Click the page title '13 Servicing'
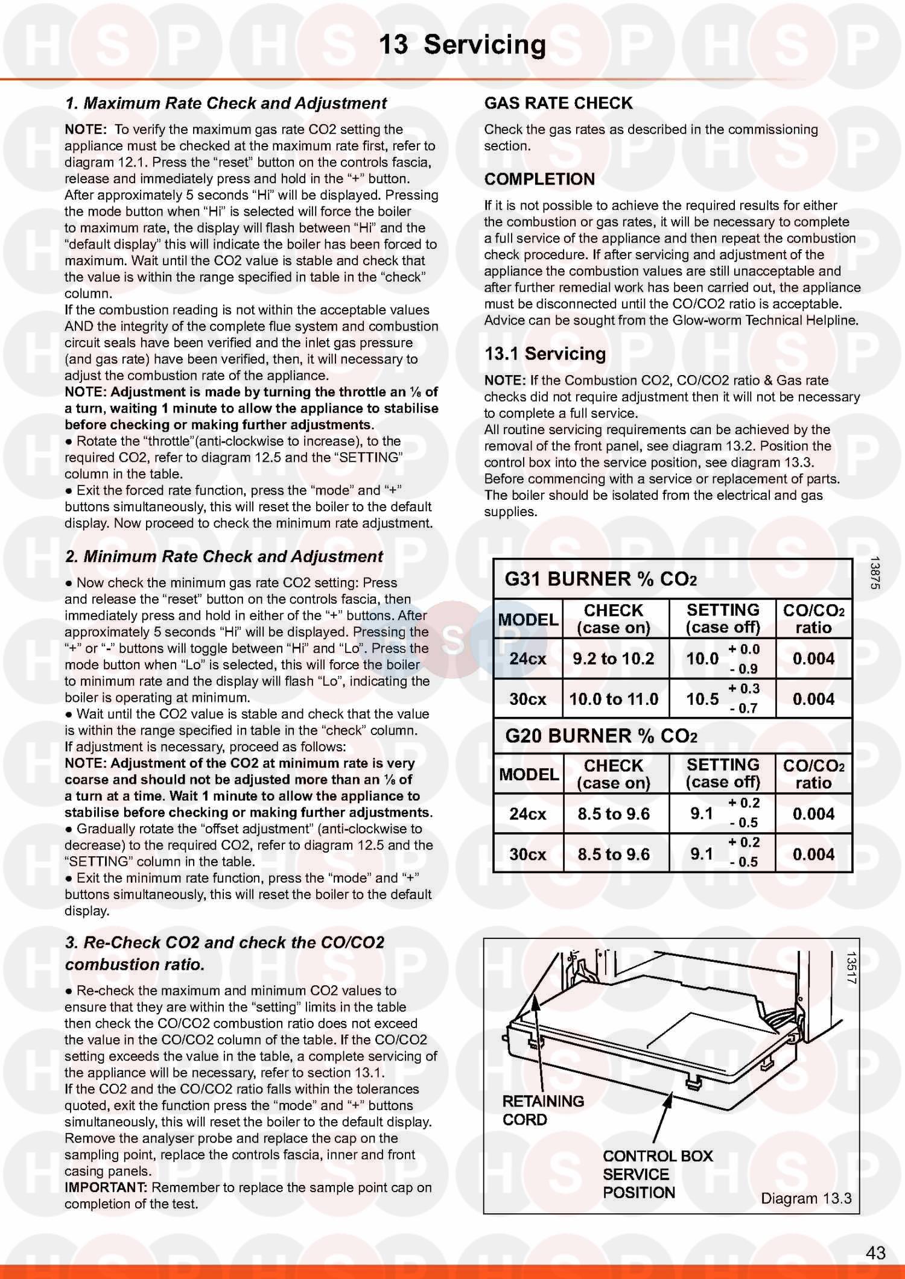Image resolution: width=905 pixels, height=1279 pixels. [x=462, y=45]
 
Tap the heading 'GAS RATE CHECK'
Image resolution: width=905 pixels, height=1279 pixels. [x=558, y=103]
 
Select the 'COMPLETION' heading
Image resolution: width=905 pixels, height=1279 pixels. [x=539, y=179]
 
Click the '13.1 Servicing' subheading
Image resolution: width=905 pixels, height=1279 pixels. [x=545, y=354]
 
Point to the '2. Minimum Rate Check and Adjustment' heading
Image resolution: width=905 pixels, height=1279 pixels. [x=224, y=557]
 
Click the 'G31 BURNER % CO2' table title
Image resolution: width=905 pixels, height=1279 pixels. [x=600, y=579]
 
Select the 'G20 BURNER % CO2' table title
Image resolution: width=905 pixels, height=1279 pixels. [x=601, y=736]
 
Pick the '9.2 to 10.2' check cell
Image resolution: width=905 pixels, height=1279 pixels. [x=614, y=658]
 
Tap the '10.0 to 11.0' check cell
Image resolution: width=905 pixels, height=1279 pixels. [x=614, y=699]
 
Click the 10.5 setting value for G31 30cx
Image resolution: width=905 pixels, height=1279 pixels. [x=702, y=699]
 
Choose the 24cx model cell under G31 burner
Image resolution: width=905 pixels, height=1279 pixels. [x=527, y=658]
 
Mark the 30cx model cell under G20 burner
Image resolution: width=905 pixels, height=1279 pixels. [x=527, y=854]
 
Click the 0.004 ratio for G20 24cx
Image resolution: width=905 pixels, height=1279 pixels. [x=813, y=814]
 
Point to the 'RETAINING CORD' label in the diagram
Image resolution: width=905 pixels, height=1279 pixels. [x=543, y=1110]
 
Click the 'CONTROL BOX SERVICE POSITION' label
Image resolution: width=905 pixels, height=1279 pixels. [x=657, y=1174]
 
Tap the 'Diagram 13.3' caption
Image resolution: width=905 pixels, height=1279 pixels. [x=806, y=1198]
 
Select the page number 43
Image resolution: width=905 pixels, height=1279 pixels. [x=875, y=1252]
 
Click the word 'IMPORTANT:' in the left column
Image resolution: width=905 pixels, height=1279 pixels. [x=106, y=1187]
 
